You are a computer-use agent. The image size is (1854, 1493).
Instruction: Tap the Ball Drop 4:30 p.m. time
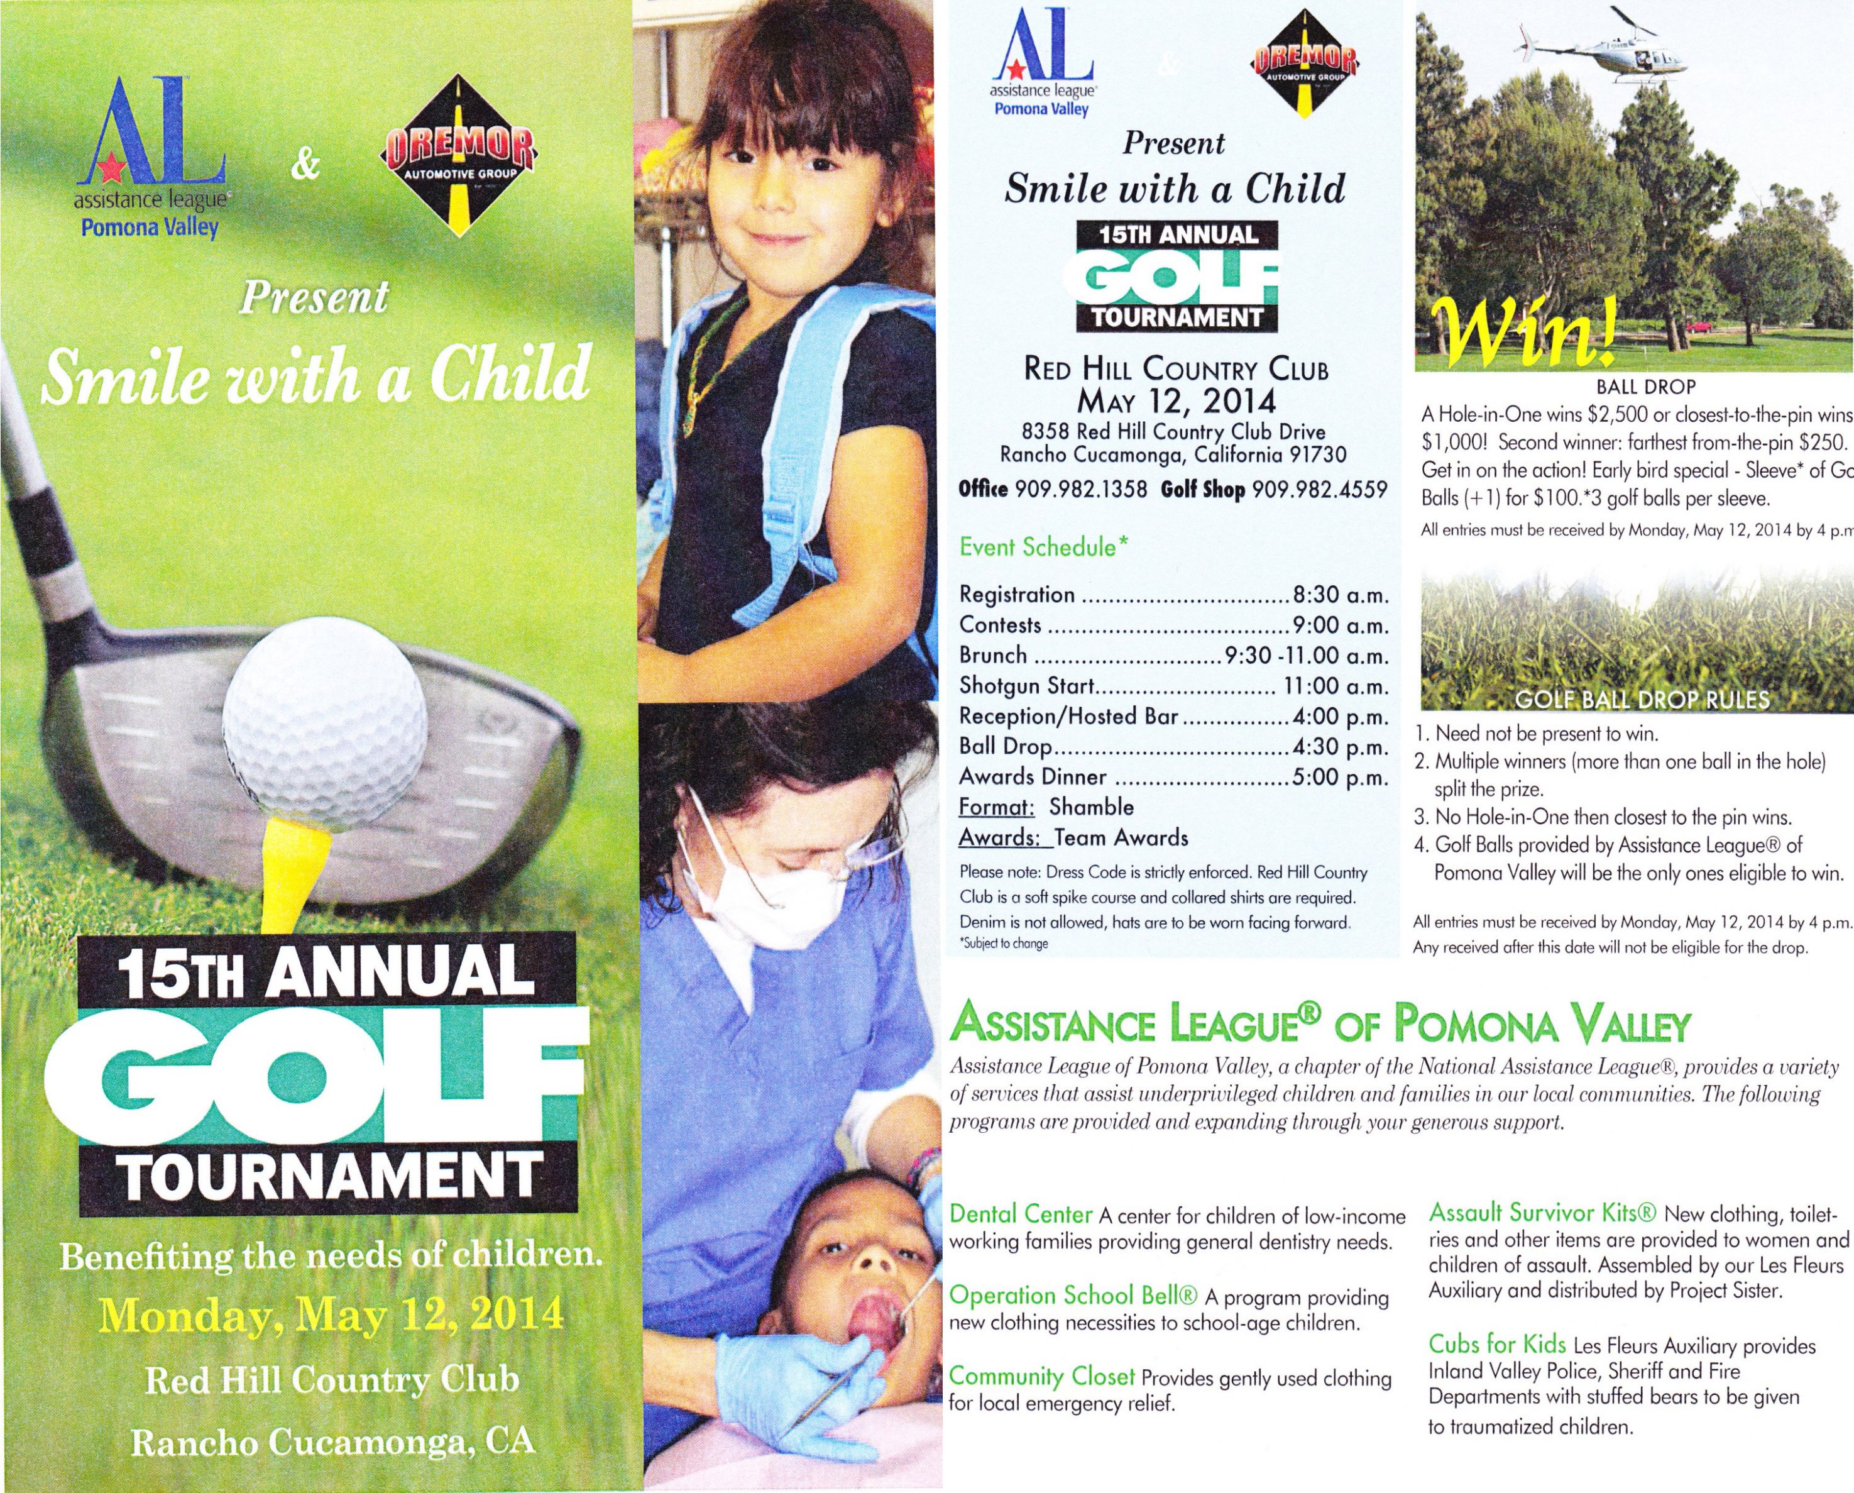[1341, 747]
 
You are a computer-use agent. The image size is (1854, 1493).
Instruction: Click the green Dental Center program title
[1020, 1215]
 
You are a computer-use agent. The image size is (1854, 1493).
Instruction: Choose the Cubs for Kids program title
[1497, 1344]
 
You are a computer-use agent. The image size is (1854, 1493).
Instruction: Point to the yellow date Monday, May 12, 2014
[331, 1314]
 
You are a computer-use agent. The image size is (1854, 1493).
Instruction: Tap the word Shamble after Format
[1090, 807]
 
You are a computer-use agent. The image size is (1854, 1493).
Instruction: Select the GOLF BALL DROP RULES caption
[1642, 699]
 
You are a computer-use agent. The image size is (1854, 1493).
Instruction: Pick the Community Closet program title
[1041, 1376]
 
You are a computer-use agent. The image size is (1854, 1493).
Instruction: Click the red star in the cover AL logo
[110, 170]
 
